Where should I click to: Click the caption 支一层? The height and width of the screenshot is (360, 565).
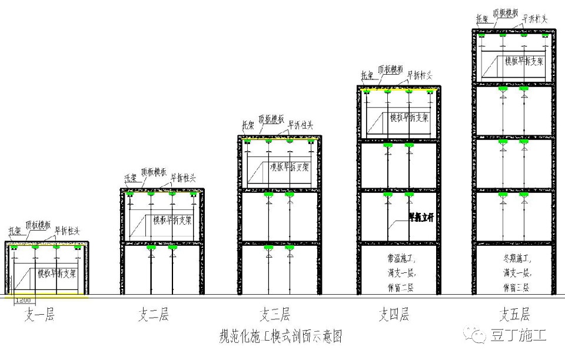pyautogui.click(x=39, y=316)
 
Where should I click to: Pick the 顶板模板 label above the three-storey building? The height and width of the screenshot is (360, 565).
pyautogui.click(x=271, y=120)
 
